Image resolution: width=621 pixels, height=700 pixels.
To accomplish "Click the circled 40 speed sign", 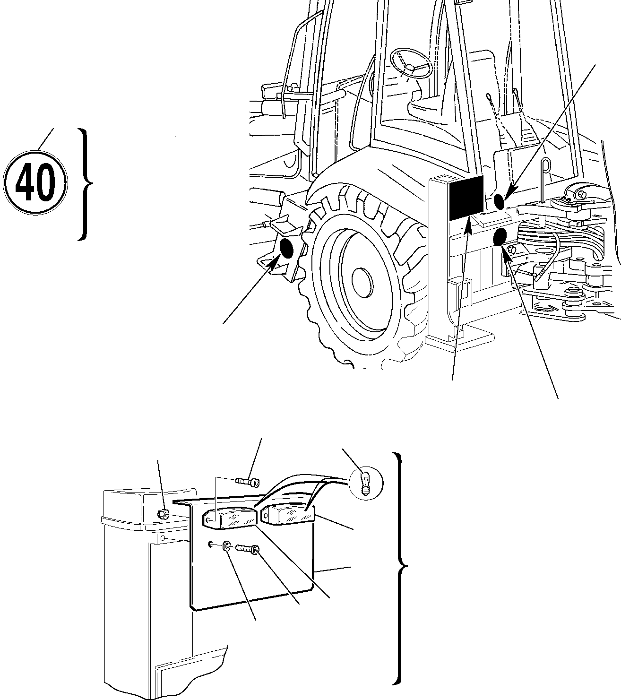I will (x=35, y=182).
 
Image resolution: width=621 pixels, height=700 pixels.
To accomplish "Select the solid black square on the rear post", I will (x=466, y=198).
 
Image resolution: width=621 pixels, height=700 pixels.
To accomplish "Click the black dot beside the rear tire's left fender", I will (x=287, y=247).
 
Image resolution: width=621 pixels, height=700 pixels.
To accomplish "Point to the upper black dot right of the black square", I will (x=499, y=201).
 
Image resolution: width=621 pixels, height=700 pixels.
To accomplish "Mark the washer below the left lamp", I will (x=227, y=546).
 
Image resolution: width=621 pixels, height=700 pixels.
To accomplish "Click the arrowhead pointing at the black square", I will (x=469, y=225).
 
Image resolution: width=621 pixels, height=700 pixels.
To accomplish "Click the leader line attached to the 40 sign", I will (x=45, y=138).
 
